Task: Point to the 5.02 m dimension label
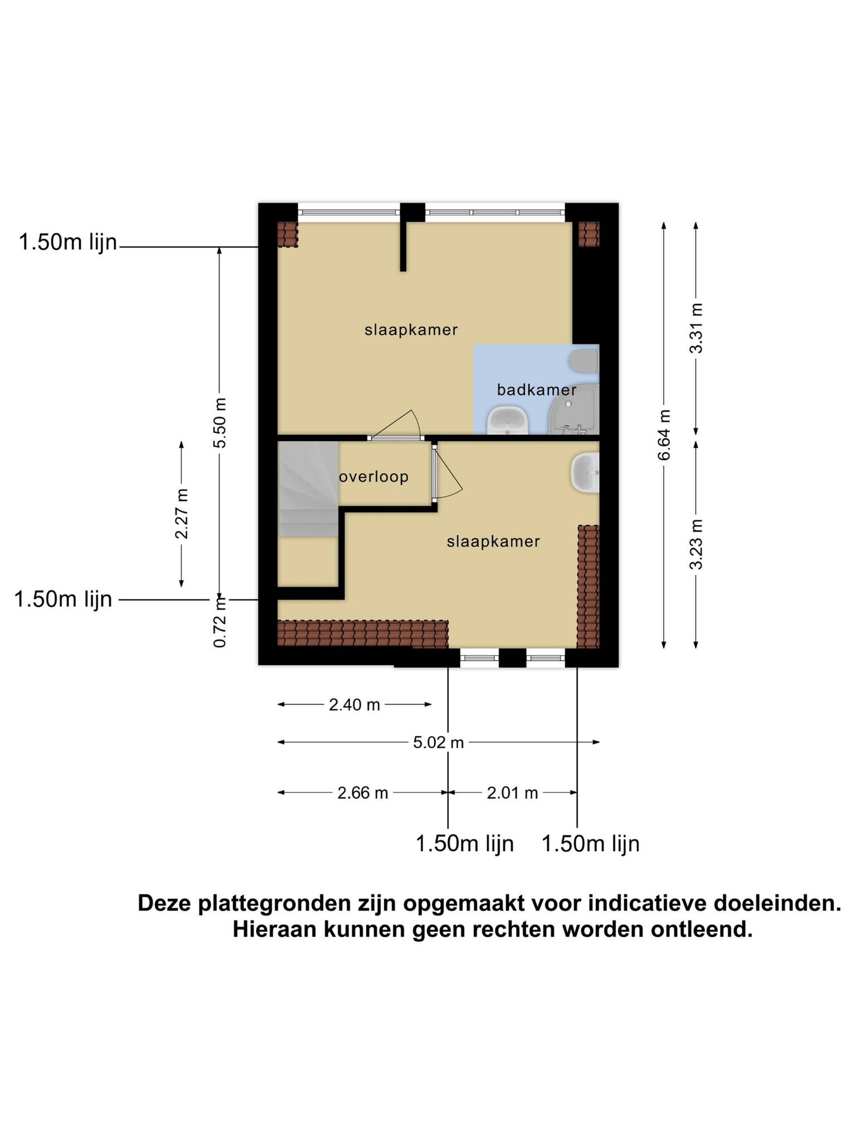click(x=439, y=742)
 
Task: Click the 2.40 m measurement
click(x=354, y=705)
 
